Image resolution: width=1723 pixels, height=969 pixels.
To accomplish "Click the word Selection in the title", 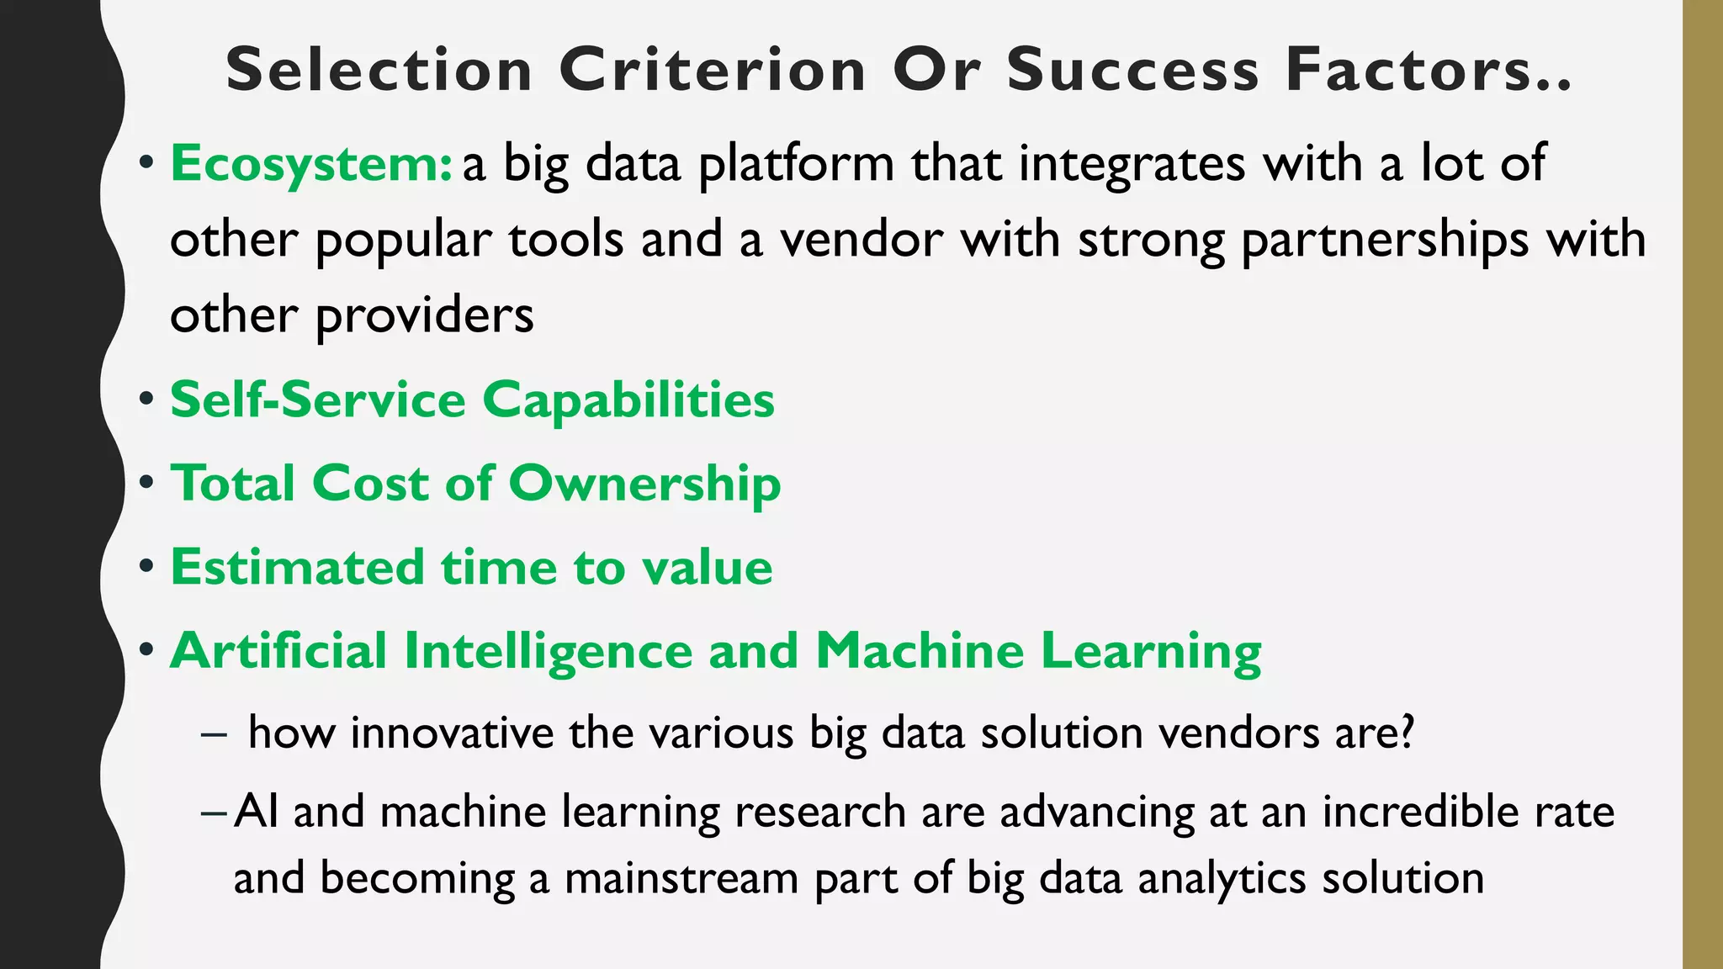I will click(x=379, y=70).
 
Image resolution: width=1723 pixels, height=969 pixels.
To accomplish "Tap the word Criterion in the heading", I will click(x=713, y=70).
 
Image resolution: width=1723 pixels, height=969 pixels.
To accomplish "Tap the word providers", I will click(x=424, y=317).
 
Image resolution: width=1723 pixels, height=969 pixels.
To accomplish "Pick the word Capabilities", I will click(x=628, y=400).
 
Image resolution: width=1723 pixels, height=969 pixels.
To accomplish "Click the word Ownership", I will click(x=644, y=484).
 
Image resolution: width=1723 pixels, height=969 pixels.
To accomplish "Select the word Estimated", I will click(x=296, y=567).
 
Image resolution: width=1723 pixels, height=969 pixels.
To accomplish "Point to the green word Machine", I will click(x=920, y=650).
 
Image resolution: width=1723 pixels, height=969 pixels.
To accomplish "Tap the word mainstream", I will click(x=681, y=878).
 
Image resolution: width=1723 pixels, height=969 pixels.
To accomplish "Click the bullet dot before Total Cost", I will click(x=147, y=484).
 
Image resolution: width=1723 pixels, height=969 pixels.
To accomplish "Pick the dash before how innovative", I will click(x=214, y=734).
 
